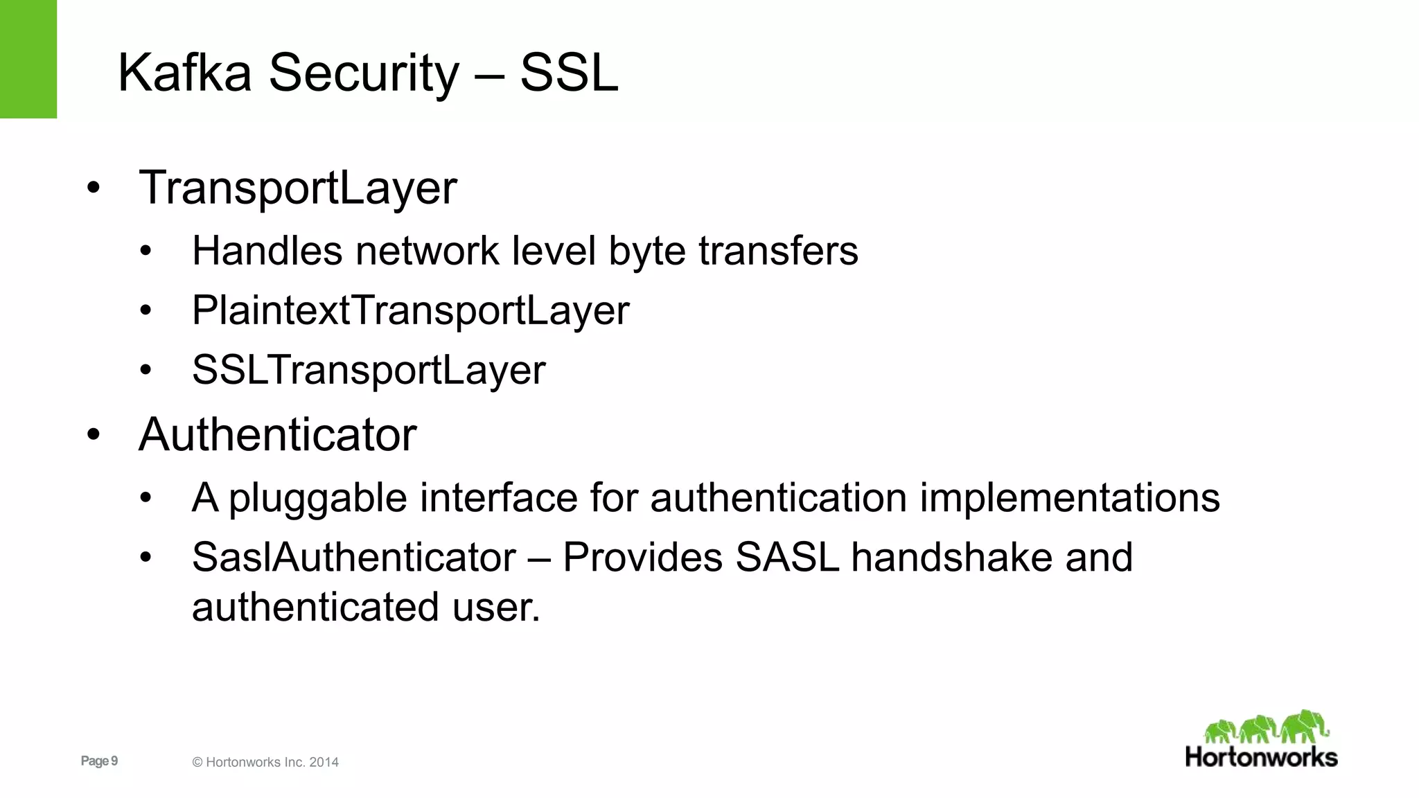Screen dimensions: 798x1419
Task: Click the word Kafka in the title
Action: (184, 72)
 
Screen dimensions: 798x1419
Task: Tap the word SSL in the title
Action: (568, 72)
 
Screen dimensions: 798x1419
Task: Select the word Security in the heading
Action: (364, 73)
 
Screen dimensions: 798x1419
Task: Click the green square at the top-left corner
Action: (28, 59)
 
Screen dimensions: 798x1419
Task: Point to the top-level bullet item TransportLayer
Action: (298, 188)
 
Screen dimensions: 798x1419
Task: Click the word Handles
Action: (267, 250)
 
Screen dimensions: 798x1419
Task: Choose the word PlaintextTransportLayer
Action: (410, 310)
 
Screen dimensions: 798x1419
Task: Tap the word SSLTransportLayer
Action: (369, 370)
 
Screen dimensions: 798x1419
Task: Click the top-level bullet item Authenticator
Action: (277, 435)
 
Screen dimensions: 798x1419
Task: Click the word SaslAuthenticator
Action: (354, 557)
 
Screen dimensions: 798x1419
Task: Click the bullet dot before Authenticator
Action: (94, 435)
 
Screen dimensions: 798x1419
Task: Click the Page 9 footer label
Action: (99, 761)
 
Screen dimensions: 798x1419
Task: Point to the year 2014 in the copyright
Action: (324, 762)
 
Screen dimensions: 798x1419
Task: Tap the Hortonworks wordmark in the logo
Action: (1261, 757)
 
